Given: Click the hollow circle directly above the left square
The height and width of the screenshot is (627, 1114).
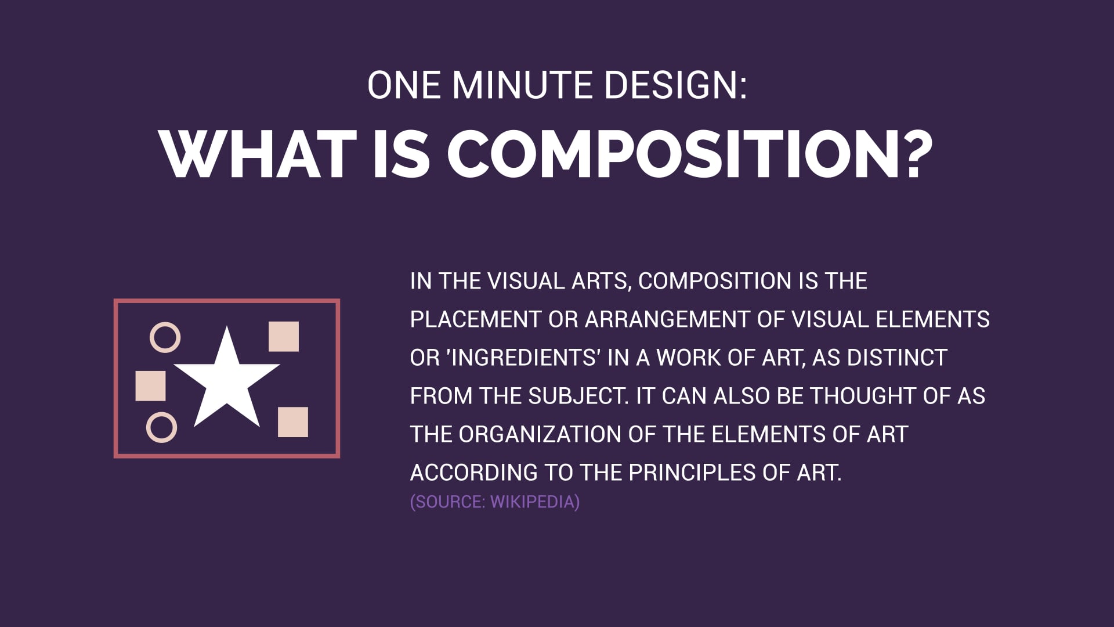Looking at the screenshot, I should [x=165, y=337].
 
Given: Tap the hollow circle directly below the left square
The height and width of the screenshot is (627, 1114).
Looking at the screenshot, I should [x=161, y=428].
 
